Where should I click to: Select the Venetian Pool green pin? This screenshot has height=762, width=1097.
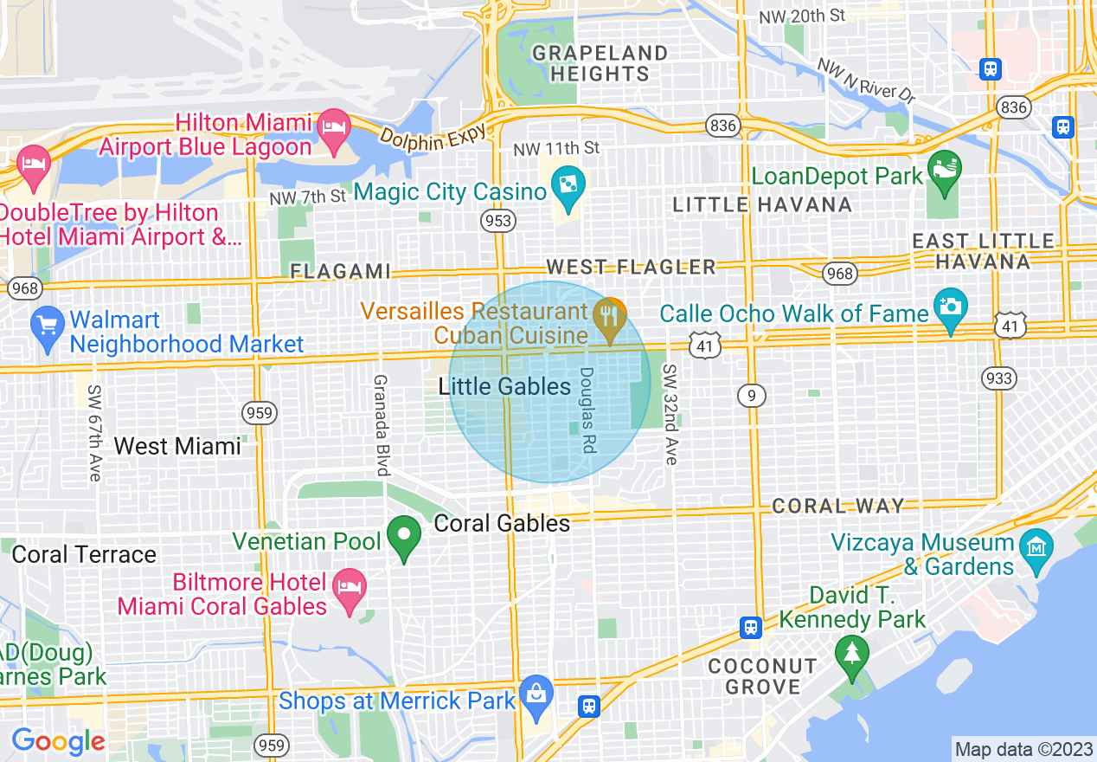click(403, 537)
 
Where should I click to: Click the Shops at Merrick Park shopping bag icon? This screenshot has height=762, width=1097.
click(536, 696)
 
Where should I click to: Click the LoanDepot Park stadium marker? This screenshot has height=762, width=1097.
click(944, 167)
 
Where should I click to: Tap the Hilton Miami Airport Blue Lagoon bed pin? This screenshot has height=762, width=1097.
click(332, 126)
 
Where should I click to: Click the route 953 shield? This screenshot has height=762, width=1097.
click(499, 222)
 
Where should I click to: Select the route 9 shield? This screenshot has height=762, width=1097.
click(751, 396)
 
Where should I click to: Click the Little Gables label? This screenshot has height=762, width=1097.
click(505, 387)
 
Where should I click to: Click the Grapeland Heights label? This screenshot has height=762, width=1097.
click(600, 63)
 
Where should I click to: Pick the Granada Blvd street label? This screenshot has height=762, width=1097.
click(380, 424)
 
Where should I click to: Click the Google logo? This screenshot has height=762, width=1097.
click(58, 741)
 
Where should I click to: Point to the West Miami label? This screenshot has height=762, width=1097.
click(177, 446)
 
